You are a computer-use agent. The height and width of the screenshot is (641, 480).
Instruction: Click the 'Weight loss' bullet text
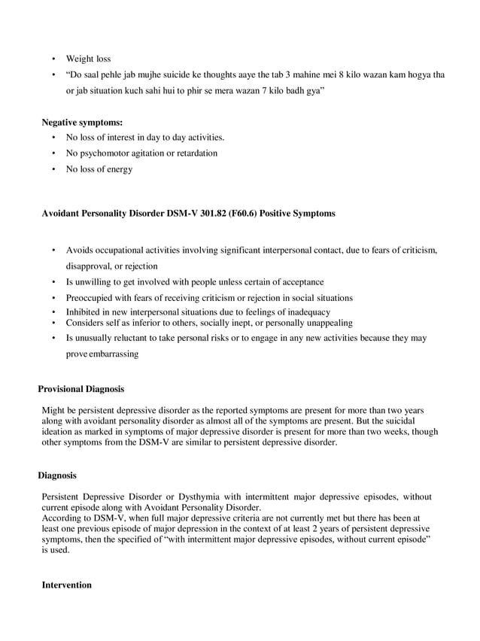(x=88, y=59)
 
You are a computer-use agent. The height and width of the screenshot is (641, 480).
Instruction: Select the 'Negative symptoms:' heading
(x=82, y=122)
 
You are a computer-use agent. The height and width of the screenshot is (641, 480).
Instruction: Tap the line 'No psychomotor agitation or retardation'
(x=141, y=153)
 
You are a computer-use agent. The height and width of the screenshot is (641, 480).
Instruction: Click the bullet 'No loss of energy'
(x=99, y=169)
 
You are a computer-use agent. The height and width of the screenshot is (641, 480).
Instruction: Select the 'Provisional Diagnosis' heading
(x=81, y=389)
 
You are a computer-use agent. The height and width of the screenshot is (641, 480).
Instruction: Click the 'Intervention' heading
(x=66, y=585)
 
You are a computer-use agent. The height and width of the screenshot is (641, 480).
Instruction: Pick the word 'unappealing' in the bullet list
(x=327, y=323)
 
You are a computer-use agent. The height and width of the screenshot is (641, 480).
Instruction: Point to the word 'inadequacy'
(x=306, y=311)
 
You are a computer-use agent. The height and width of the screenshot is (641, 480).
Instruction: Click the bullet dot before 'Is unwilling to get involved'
(x=53, y=282)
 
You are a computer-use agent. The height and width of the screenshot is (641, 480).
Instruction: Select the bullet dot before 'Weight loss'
(x=53, y=59)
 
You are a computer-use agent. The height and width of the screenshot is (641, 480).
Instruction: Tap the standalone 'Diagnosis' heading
(x=57, y=475)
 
